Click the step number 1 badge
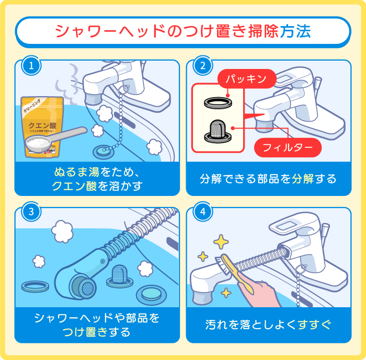tap(31, 66)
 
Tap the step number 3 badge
tap(31, 212)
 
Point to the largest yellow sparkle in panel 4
tap(221, 242)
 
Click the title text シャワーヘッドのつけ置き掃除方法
tap(183, 31)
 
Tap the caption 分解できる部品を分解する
tap(268, 179)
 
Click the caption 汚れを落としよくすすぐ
tap(268, 324)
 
